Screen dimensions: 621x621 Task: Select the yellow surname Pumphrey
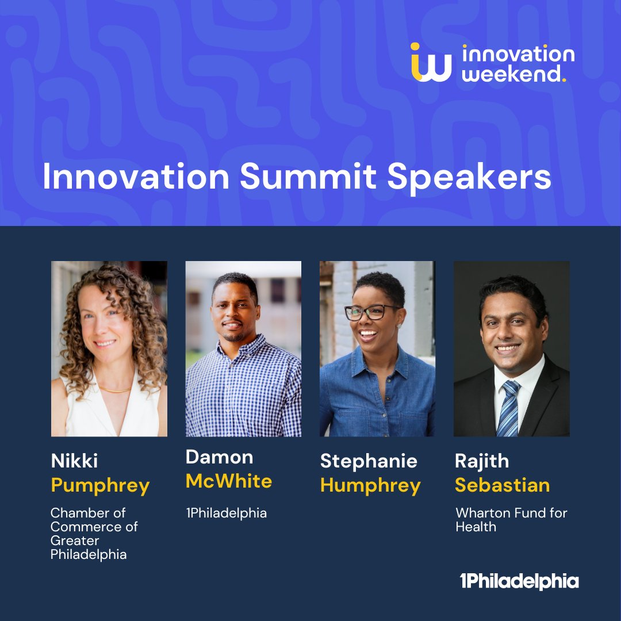tap(100, 486)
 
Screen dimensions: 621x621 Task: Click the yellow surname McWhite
tap(229, 481)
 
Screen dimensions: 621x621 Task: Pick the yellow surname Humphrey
tap(370, 486)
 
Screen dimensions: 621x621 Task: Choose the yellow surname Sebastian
tap(502, 485)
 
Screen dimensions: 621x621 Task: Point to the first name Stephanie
tap(369, 461)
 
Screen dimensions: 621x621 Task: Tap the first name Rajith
tap(482, 461)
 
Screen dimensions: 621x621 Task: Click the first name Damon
tap(219, 457)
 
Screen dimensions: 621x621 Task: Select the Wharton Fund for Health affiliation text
tap(511, 519)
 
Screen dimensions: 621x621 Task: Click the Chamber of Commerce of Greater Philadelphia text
tap(94, 533)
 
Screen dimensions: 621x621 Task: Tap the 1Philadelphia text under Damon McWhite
tap(226, 513)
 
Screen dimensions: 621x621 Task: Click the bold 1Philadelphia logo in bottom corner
tap(519, 581)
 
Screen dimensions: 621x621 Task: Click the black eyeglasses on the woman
tap(372, 312)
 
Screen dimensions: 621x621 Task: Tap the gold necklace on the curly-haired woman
tap(114, 389)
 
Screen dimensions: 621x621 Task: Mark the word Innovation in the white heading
tap(136, 178)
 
